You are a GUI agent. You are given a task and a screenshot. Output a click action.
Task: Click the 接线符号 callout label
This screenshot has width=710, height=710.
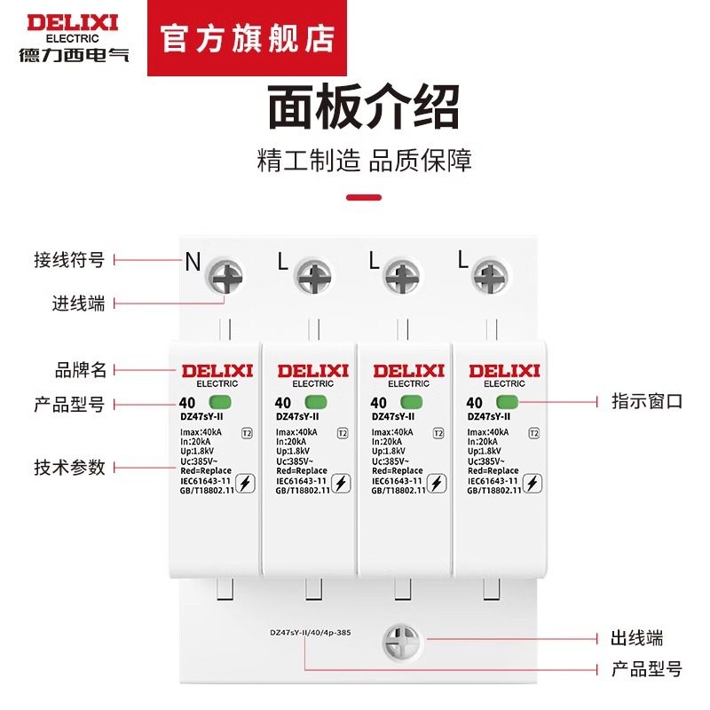[x=69, y=260]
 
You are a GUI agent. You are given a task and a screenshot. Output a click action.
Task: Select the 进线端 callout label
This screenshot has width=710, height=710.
[x=78, y=304]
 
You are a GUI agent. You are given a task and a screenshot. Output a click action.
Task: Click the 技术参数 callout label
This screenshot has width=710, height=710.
[x=69, y=467]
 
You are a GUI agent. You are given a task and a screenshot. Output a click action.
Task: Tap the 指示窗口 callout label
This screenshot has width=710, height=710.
[x=647, y=401]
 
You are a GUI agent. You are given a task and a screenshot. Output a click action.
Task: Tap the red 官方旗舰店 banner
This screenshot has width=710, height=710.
[x=248, y=40]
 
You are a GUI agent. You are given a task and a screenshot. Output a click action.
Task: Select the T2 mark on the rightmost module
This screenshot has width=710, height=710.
[x=533, y=434]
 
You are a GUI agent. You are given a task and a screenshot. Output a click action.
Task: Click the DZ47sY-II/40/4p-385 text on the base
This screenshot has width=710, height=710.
[x=312, y=634]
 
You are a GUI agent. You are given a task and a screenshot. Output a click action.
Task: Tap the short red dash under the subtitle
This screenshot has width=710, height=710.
[x=363, y=197]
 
